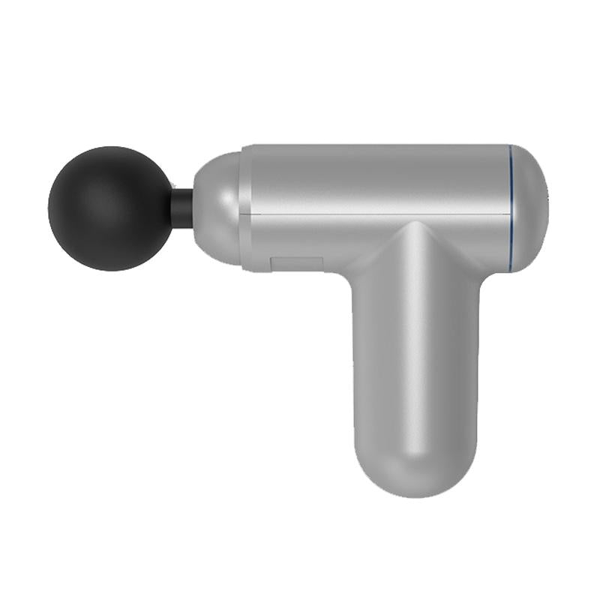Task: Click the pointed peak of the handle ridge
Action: pos(411,222)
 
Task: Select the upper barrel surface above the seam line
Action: pos(375,180)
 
